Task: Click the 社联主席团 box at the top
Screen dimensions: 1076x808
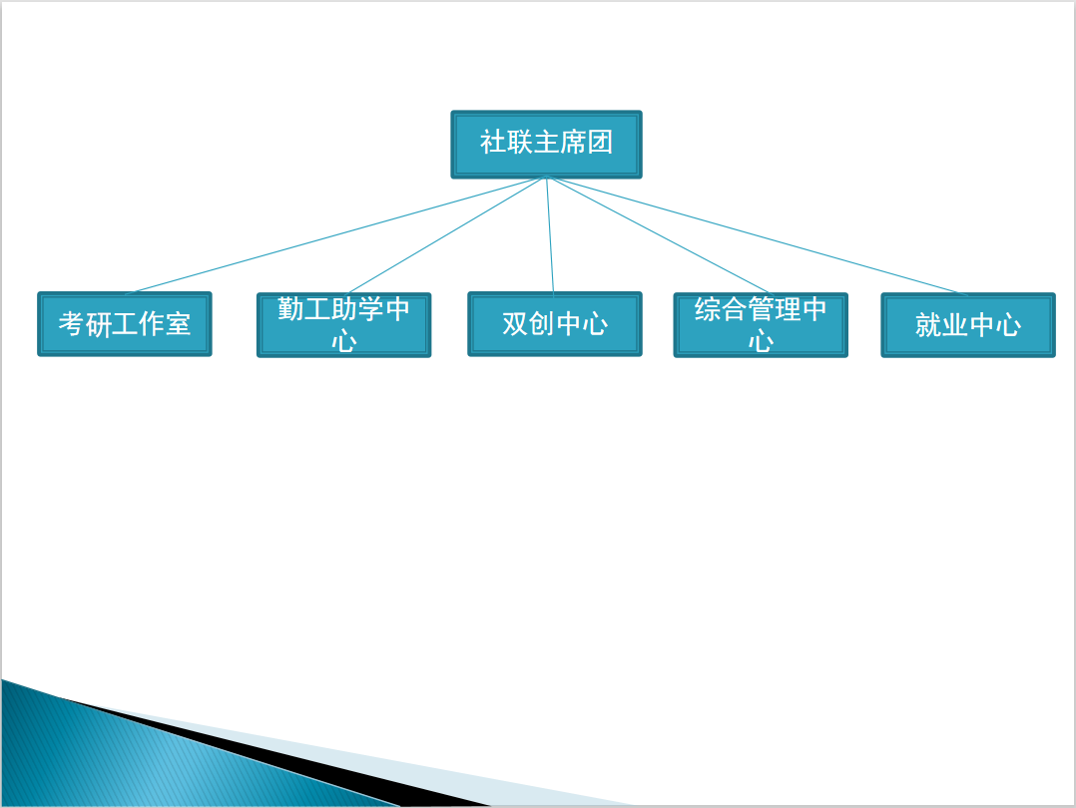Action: pos(546,144)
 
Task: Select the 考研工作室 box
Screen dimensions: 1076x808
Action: pos(124,324)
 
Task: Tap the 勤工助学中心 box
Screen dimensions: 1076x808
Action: pos(343,325)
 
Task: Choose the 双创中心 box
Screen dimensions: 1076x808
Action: pos(555,324)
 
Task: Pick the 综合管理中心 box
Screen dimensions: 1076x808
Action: pos(761,325)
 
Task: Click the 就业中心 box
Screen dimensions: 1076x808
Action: pos(968,325)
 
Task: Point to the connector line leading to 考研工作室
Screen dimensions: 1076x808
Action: pos(335,235)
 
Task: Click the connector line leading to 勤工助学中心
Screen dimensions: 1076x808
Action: pos(445,236)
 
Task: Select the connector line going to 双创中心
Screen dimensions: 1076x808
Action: pos(550,235)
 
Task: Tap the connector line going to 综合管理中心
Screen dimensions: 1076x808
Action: pos(660,236)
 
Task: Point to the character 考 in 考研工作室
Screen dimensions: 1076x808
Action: pos(72,324)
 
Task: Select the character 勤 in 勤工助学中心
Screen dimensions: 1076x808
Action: pos(290,308)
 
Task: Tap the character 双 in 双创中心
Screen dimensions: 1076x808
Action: pos(515,324)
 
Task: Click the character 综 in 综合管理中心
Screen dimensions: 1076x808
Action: pos(708,309)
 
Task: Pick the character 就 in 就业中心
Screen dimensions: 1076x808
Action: pos(928,325)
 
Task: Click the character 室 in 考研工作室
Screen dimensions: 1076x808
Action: pos(177,324)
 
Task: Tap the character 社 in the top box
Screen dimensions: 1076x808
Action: pos(493,143)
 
